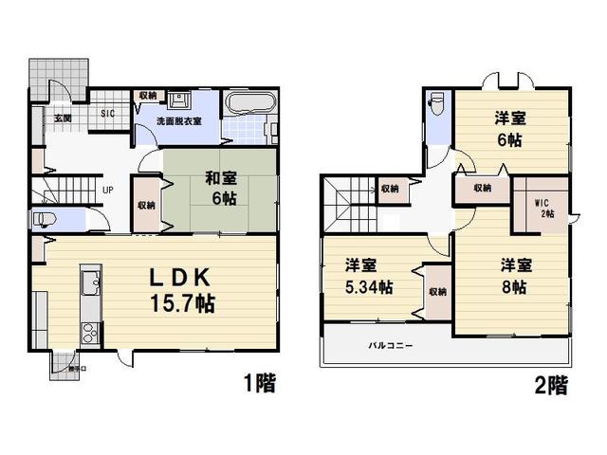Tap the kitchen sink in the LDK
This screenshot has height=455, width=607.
[x=92, y=282]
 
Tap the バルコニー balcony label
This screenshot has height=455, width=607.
[x=390, y=346]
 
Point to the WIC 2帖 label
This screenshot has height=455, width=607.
[x=544, y=208]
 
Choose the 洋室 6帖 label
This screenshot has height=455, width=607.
[x=509, y=129]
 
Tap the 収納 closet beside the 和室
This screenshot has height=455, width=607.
[x=145, y=205]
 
